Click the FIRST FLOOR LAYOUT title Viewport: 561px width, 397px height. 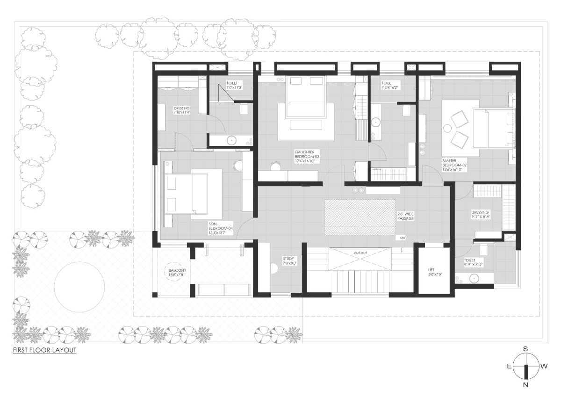point(44,350)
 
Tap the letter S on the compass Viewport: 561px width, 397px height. point(525,349)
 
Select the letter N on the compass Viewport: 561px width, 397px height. point(525,392)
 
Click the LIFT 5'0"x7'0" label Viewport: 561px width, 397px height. point(435,272)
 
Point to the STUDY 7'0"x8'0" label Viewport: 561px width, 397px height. point(290,261)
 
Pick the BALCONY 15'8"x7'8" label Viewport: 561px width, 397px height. point(177,273)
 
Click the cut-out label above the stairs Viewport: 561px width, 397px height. point(360,253)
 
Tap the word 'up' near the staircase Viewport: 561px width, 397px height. point(403,238)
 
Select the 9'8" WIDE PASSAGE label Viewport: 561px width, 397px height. point(405,216)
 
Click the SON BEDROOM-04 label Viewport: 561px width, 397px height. point(221,228)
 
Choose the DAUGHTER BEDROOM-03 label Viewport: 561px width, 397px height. point(307,157)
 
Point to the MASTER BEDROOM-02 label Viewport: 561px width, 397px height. point(454,165)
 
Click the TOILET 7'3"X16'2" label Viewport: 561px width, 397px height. point(390,85)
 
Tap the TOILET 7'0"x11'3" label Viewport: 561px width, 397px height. point(234,85)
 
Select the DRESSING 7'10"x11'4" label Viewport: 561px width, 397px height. point(181,110)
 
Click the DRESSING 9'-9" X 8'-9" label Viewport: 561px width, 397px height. point(481,215)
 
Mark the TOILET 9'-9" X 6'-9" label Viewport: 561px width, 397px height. point(473,262)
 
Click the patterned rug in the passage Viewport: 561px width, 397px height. point(360,217)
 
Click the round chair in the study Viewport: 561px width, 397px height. point(274,268)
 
